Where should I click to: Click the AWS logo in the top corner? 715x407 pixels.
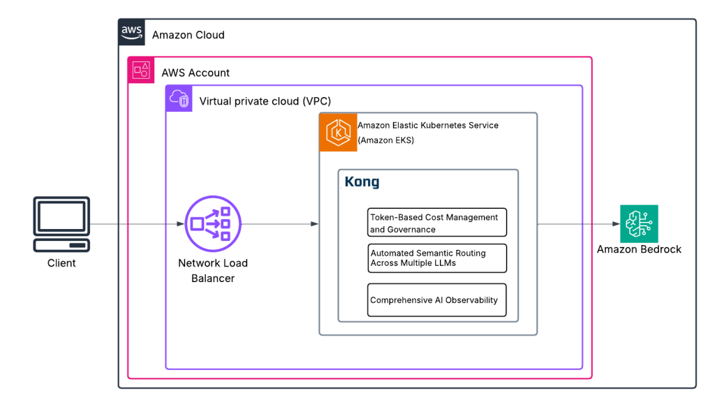pos(132,32)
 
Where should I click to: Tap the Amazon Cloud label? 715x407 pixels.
pos(188,35)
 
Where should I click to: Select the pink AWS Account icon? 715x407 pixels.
pos(140,70)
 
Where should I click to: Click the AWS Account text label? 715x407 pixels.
pos(196,73)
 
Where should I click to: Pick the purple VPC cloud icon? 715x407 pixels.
pos(178,99)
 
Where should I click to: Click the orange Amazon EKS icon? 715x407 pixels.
pos(338,132)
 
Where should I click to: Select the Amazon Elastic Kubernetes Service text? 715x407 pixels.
pos(428,126)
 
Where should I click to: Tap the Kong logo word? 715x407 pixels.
pos(362,182)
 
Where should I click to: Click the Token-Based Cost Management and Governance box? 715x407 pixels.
pos(436,223)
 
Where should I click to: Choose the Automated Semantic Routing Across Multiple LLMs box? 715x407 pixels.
pos(436,258)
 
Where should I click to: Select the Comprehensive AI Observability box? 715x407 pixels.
pos(436,300)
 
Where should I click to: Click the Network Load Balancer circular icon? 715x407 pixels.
pos(212,223)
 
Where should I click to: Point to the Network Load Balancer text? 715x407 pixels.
pos(212,271)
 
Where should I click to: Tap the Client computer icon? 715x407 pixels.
pos(61,224)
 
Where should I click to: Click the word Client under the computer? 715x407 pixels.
pos(61,263)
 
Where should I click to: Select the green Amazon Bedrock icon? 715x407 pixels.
pos(639,223)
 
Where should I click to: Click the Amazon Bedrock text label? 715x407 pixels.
pos(639,249)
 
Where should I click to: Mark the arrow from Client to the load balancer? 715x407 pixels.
pos(137,224)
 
